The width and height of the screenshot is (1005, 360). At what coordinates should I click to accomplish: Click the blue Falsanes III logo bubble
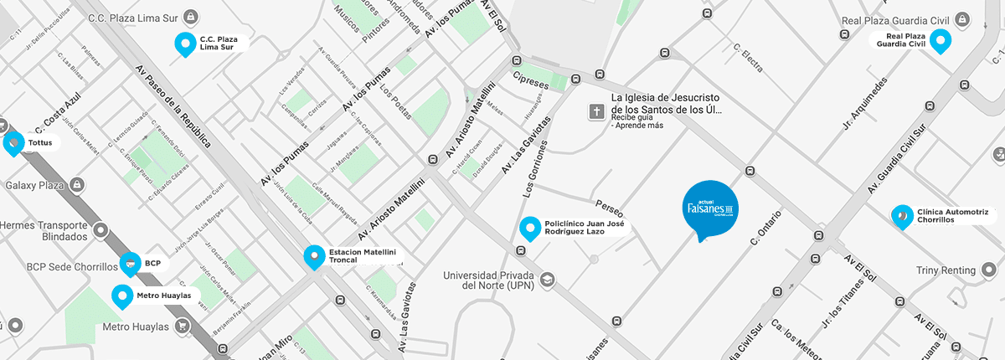(710, 207)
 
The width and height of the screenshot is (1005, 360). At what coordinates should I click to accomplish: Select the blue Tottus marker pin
(13, 143)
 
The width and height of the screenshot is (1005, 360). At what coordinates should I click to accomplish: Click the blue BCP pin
(130, 264)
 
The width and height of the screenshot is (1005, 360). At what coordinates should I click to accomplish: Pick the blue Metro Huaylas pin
(122, 296)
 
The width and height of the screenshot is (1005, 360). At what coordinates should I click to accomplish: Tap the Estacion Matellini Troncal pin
(314, 256)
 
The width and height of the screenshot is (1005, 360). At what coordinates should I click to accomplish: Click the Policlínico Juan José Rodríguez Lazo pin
(529, 227)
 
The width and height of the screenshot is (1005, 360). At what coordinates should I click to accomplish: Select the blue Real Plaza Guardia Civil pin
(941, 40)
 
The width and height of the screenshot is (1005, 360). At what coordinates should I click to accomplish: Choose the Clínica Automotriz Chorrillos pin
(901, 216)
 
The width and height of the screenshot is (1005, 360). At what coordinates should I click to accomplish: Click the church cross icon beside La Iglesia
(597, 111)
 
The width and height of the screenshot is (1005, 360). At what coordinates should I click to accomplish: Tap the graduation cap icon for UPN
(547, 279)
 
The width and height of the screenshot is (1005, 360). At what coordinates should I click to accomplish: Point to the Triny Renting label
(946, 270)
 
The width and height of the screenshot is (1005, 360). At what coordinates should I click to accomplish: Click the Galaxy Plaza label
(34, 184)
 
